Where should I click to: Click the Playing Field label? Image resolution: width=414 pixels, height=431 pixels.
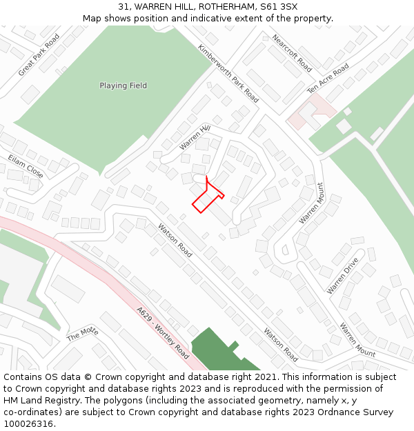click(x=123, y=86)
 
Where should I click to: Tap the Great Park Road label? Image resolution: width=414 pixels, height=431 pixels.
click(x=39, y=54)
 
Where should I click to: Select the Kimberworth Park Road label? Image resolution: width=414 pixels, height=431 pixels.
click(x=228, y=74)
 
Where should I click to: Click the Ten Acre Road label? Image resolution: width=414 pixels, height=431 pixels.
click(x=328, y=79)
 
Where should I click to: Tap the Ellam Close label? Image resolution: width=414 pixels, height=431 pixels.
click(x=26, y=167)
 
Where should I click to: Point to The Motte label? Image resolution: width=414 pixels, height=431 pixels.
click(x=83, y=334)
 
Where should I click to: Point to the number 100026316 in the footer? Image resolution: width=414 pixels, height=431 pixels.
click(x=30, y=423)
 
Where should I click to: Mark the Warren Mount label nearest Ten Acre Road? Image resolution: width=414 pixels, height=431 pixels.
click(x=310, y=203)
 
